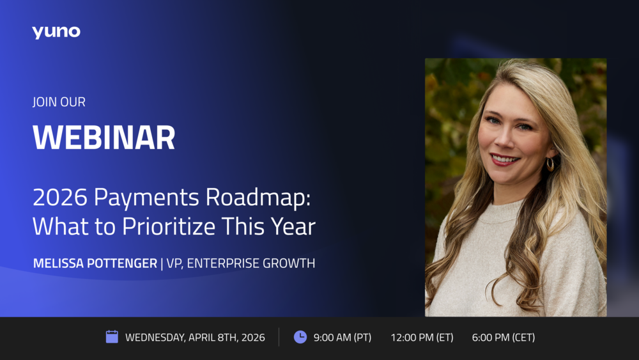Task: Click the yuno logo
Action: point(56,32)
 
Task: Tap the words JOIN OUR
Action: point(59,102)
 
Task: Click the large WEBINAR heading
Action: point(104,137)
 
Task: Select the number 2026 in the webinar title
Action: point(60,198)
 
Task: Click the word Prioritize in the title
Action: point(168,227)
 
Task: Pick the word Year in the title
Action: point(293,227)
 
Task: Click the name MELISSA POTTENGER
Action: point(95,263)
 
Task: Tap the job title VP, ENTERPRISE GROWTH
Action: point(241,263)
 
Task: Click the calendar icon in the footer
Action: point(112,337)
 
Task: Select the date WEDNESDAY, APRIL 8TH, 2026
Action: point(195,338)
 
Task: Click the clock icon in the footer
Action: point(300,337)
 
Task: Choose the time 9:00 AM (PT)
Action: point(343,338)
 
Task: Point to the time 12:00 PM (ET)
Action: point(422,338)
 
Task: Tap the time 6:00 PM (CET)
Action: point(504,338)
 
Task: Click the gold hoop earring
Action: point(550,164)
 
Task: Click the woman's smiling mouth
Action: point(505,159)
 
